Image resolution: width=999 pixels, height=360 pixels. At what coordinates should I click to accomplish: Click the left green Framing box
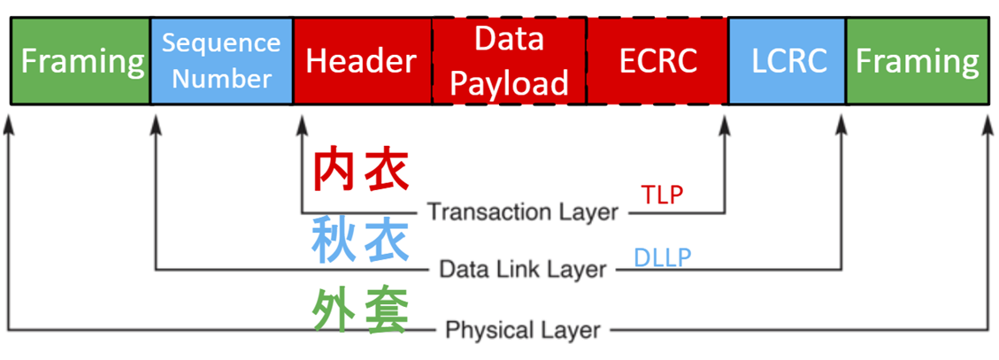tap(81, 61)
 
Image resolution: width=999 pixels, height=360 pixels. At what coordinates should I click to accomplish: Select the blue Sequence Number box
tap(221, 61)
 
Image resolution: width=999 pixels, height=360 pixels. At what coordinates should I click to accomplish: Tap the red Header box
tap(361, 61)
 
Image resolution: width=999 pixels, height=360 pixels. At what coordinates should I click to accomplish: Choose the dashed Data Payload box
tap(509, 61)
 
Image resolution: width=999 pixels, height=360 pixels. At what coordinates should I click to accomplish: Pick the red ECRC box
tap(657, 61)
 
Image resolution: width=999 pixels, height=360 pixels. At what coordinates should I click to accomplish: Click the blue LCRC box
tap(788, 61)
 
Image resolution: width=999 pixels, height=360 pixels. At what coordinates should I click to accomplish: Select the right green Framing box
tap(917, 61)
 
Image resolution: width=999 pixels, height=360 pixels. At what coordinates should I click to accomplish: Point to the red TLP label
tap(662, 195)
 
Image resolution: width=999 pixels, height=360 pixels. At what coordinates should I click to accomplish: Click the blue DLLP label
tap(663, 257)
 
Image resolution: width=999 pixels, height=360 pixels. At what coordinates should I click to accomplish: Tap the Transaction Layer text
tap(522, 212)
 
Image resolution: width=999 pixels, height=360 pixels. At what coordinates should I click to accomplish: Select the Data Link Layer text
tap(523, 270)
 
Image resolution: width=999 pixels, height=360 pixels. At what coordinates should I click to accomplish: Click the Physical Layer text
tap(523, 331)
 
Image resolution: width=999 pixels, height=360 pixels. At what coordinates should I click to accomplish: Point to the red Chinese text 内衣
tap(361, 171)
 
